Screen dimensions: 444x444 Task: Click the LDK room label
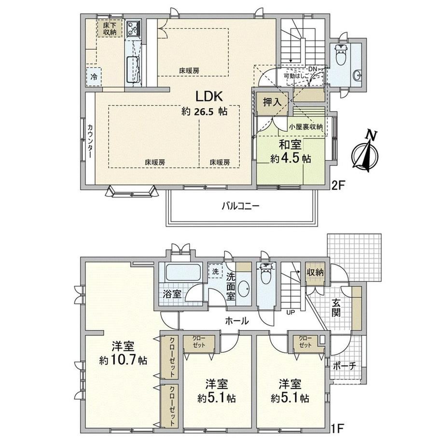tap(209, 97)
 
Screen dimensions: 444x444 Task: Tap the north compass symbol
tap(365, 152)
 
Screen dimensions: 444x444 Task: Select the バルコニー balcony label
tap(240, 206)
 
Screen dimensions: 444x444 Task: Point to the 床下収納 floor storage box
tap(110, 28)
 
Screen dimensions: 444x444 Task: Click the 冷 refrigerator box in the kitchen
tap(94, 77)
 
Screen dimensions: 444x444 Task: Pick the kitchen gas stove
tap(133, 28)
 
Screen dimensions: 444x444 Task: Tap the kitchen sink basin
tap(133, 69)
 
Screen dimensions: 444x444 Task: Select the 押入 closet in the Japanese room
tap(272, 102)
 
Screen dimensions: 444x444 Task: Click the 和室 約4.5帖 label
tap(291, 152)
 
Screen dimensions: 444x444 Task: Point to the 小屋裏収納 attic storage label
tap(306, 127)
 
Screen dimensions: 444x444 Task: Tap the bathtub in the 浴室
tap(183, 272)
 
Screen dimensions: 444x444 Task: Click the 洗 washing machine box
tap(215, 271)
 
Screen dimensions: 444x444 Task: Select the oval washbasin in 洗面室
tap(244, 290)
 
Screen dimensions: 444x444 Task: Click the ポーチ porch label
tap(344, 366)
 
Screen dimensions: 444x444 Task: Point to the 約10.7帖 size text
tap(123, 361)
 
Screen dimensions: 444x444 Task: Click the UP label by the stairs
tap(291, 313)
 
